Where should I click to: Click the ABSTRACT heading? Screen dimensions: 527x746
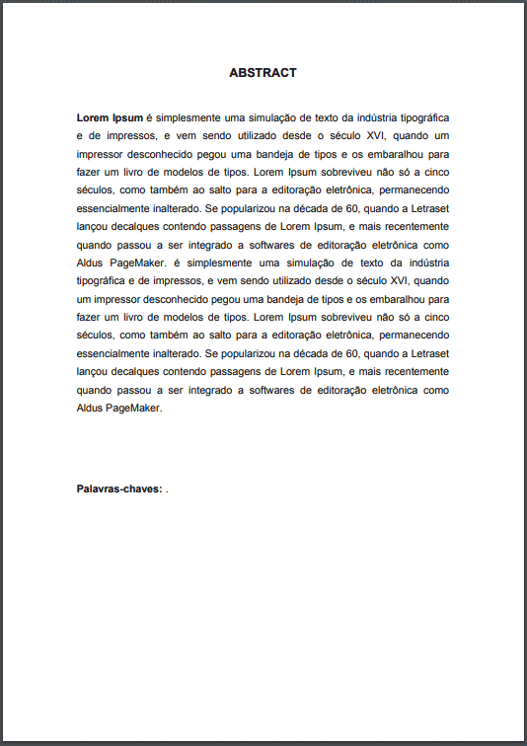[263, 73]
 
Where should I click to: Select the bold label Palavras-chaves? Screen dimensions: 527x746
[119, 488]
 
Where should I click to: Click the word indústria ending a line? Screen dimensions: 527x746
[428, 263]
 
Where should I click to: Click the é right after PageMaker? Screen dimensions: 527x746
[176, 263]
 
